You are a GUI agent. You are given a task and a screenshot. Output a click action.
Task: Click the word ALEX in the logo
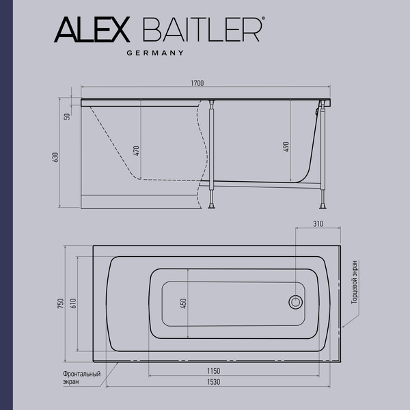tap(90, 30)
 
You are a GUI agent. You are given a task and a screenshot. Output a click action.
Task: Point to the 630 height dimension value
tap(57, 157)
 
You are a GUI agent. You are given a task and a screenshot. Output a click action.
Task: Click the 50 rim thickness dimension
tap(68, 117)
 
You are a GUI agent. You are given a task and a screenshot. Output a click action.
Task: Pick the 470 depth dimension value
tap(137, 151)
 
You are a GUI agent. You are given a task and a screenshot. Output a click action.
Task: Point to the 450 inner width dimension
tap(183, 303)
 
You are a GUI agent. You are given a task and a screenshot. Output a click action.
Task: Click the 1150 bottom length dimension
tap(213, 370)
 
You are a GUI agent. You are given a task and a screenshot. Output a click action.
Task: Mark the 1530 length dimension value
tap(213, 382)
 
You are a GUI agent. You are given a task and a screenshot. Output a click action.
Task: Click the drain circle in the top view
tap(296, 301)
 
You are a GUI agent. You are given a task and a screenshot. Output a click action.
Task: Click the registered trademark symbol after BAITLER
tap(264, 22)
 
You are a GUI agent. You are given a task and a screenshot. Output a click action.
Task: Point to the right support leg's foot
tap(321, 203)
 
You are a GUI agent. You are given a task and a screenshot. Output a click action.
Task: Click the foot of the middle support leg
tap(213, 204)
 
